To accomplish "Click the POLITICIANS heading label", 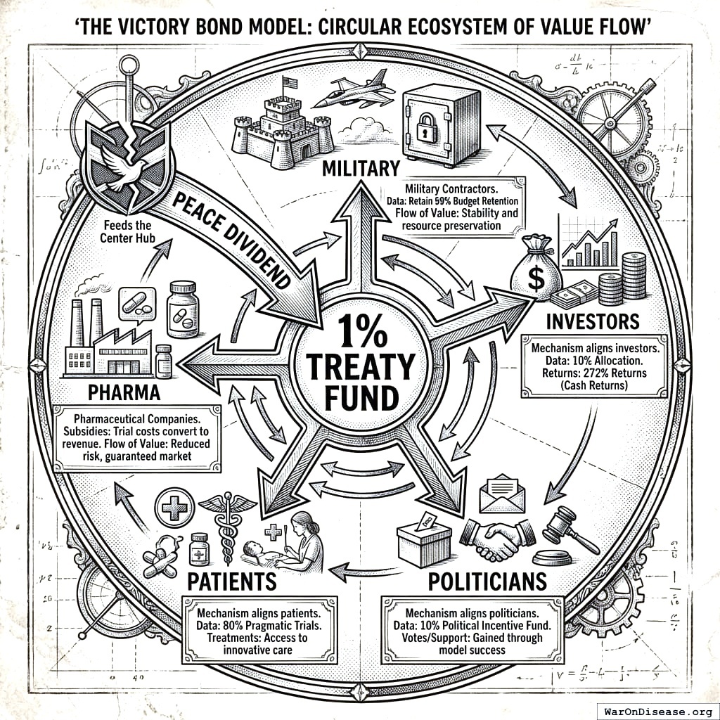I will click(x=487, y=581).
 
